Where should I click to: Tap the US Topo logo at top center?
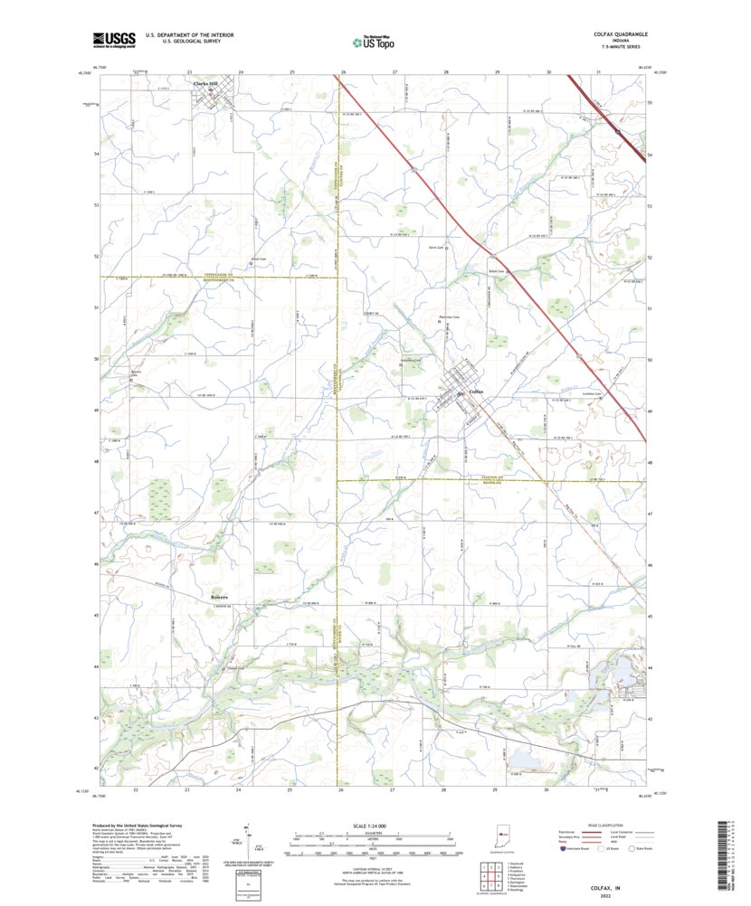click(374, 41)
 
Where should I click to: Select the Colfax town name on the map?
click(476, 392)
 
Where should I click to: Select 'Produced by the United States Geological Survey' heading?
click(141, 826)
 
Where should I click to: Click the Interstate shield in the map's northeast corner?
click(618, 132)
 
